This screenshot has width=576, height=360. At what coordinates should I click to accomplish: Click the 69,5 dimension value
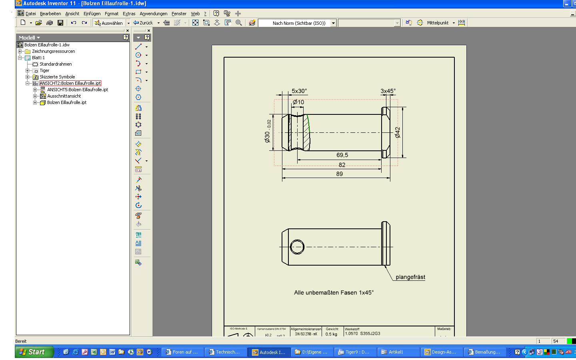[342, 155]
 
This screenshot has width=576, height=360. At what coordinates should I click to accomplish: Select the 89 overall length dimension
[339, 174]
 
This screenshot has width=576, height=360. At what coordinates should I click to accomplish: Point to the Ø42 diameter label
[397, 132]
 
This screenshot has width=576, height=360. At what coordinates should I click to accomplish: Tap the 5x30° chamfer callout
[299, 91]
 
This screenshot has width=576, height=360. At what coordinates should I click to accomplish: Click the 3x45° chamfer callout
[388, 91]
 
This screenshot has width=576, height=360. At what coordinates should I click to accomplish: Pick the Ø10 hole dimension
[298, 102]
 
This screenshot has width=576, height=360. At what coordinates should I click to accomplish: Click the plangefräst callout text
[410, 277]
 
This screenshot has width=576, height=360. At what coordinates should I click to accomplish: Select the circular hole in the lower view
[297, 247]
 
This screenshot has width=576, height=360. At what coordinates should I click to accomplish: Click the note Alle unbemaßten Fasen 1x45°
[334, 293]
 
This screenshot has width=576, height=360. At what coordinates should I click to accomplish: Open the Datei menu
[30, 14]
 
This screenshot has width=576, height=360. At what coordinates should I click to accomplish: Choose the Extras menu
[129, 14]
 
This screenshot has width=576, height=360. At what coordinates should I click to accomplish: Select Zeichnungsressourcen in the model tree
[53, 51]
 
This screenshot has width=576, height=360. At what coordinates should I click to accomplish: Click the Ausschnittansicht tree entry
[64, 96]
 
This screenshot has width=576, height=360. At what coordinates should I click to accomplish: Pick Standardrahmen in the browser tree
[56, 64]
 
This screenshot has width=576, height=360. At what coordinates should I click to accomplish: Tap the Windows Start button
[35, 352]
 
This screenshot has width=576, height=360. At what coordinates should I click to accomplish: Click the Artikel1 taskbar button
[396, 352]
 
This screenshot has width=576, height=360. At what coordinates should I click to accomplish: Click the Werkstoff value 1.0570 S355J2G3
[362, 334]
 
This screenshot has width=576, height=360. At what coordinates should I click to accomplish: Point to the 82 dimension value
[342, 165]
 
